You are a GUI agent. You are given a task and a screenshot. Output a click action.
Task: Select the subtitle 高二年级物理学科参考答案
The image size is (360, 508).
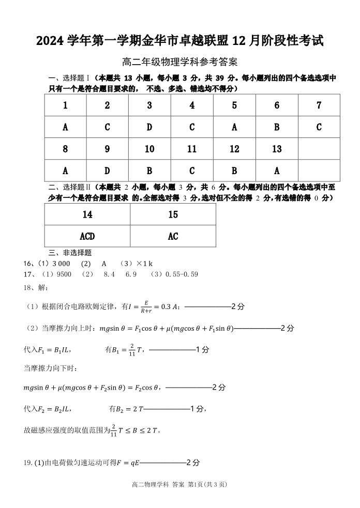(179, 62)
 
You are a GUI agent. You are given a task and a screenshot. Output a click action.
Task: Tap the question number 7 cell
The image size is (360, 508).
(319, 105)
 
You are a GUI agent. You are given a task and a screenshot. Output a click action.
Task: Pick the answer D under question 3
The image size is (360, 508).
(149, 127)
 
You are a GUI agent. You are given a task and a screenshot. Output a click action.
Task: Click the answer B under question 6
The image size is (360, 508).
(277, 127)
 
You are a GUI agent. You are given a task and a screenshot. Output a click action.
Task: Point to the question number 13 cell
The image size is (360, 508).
(277, 149)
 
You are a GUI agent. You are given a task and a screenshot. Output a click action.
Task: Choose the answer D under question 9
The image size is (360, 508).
(107, 171)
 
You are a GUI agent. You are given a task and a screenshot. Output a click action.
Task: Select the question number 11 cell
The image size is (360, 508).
(192, 149)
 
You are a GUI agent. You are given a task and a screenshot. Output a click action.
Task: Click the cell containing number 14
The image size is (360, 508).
(87, 214)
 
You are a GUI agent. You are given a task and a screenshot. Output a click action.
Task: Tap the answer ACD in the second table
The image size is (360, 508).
(87, 236)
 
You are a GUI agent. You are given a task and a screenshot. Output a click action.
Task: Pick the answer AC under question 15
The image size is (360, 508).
(173, 236)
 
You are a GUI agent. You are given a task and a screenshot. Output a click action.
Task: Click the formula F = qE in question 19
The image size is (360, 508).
(127, 463)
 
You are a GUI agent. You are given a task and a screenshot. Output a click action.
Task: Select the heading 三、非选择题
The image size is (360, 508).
(70, 253)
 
